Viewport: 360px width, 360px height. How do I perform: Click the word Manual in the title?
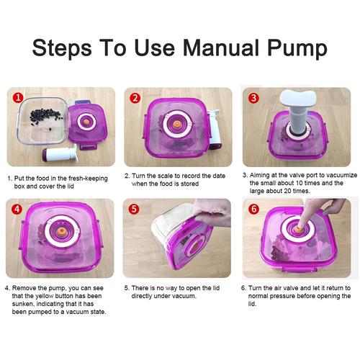[221, 48]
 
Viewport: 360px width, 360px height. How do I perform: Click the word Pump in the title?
[297, 49]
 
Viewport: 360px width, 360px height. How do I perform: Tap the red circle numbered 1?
[18, 98]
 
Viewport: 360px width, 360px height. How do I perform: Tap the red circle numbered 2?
[135, 98]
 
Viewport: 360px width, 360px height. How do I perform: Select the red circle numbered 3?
[253, 98]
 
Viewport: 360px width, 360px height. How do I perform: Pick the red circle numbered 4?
[17, 209]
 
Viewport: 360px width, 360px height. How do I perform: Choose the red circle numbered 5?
[134, 209]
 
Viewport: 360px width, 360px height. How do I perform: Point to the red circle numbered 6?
[253, 209]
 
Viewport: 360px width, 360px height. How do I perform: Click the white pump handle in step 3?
[298, 99]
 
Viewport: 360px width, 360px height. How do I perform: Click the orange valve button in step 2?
[177, 125]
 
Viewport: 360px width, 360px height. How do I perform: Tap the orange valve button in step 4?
[63, 232]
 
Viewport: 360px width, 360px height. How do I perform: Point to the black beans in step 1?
[45, 117]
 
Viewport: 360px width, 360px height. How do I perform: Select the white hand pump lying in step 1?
[60, 154]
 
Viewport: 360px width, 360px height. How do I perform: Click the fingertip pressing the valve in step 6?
[300, 225]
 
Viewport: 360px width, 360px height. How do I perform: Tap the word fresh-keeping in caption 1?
[88, 179]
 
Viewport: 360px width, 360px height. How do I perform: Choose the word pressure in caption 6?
[282, 296]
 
